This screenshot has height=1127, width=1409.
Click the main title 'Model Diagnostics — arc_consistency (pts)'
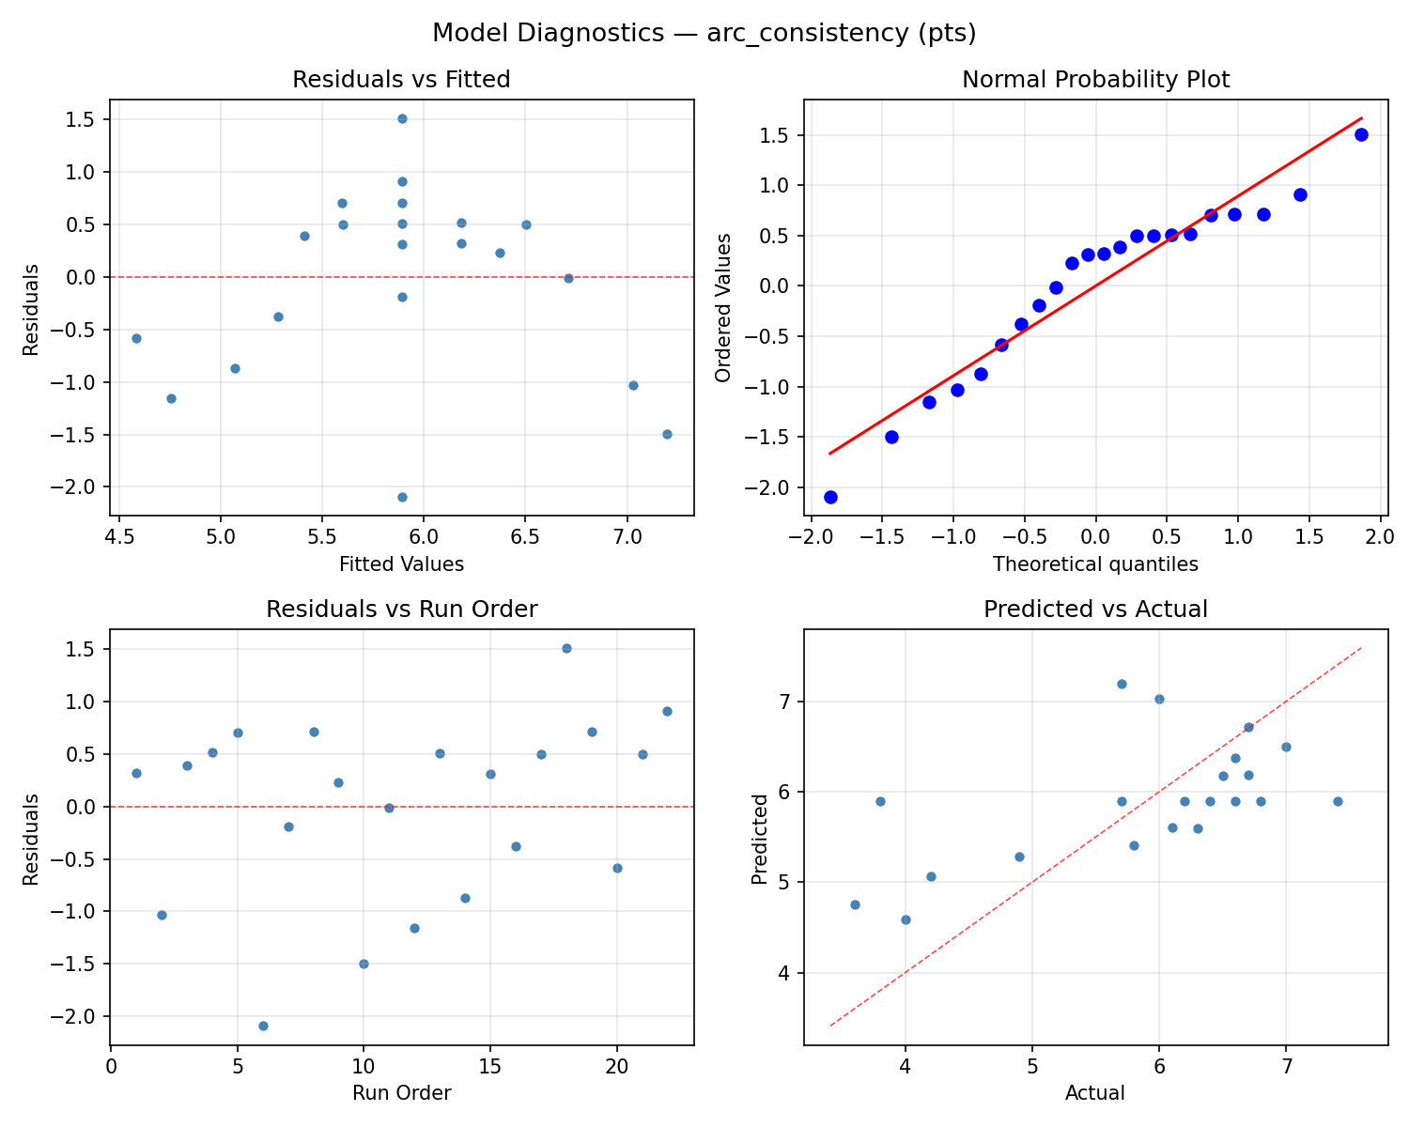coord(704,34)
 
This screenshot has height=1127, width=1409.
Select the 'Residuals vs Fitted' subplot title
coord(401,80)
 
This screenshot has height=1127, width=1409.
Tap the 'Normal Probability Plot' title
coord(1095,80)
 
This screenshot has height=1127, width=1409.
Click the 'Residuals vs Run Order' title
coord(401,610)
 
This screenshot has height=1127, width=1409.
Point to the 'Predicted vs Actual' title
coord(1095,610)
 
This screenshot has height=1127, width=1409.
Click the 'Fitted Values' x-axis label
coord(401,564)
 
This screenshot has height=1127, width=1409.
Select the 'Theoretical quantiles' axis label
coord(1095,564)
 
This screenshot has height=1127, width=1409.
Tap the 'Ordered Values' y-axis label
coord(722,307)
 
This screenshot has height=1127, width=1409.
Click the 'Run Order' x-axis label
coord(401,1093)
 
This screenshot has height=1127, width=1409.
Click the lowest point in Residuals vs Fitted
coord(402,497)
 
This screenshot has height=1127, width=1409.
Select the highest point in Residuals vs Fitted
coord(402,118)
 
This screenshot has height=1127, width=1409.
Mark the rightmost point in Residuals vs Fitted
coord(667,434)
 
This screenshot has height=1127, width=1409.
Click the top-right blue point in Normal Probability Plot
coord(1361,134)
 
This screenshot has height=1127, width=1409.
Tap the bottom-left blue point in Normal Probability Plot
coord(830,497)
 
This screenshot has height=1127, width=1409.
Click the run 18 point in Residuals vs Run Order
coord(566,648)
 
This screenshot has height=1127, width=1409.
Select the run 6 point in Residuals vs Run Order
coord(263,1026)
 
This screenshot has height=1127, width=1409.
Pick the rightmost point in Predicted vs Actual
coord(1337,801)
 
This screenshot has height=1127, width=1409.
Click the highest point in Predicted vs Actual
coord(1122,684)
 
